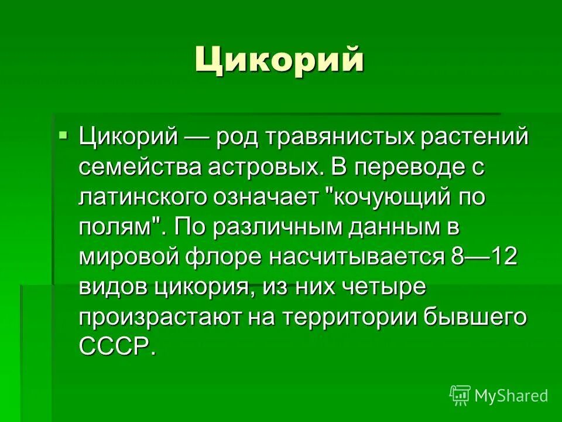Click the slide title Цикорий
(279, 60)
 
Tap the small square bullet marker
(63, 137)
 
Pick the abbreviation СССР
(116, 346)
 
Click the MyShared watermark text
(511, 396)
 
